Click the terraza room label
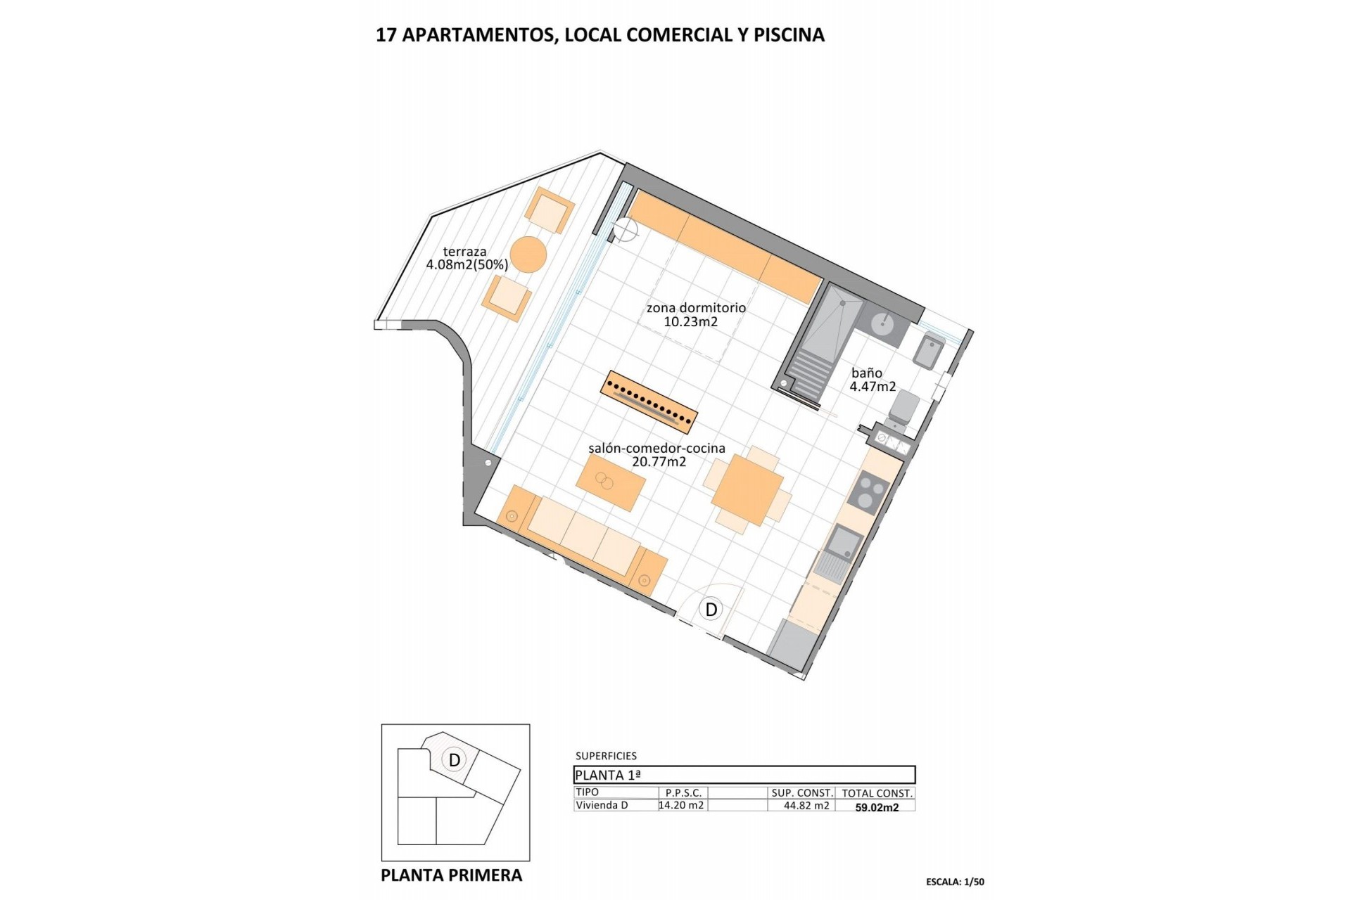464,252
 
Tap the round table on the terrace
528,255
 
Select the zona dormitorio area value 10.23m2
690,322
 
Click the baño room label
866,373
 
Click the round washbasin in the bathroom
882,324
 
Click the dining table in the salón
747,489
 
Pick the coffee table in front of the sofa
610,482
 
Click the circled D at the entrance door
711,609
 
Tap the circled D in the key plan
455,759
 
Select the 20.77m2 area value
659,462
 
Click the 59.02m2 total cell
877,807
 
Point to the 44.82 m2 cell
806,806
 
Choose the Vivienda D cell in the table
602,806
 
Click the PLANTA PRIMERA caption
451,875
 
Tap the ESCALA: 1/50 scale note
955,882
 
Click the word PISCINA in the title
789,35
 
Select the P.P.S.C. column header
683,793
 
